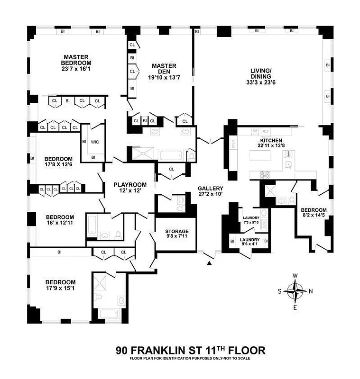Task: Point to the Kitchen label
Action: [270, 141]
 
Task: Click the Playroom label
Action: [129, 185]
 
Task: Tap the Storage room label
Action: [177, 232]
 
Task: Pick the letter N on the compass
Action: [311, 291]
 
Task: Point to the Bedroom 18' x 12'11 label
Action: [60, 217]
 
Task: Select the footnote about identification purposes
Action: [190, 359]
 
